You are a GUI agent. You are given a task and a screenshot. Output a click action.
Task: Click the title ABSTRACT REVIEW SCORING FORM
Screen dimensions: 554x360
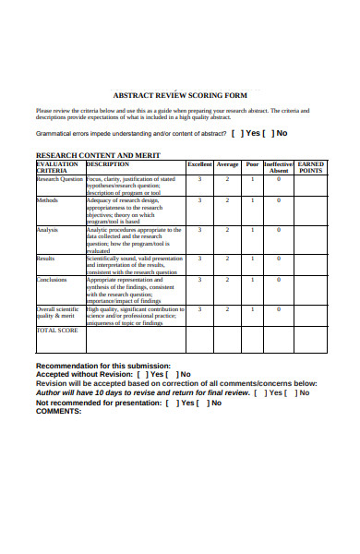(179, 94)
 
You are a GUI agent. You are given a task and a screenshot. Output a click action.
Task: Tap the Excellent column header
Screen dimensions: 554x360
(199, 164)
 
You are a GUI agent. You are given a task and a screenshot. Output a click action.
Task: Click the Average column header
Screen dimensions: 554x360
(227, 164)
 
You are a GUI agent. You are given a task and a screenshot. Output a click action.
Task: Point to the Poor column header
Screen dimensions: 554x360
(252, 164)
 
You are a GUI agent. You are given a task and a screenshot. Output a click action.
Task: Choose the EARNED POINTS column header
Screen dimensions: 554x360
(311, 167)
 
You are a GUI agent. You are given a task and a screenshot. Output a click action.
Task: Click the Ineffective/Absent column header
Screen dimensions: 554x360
(279, 167)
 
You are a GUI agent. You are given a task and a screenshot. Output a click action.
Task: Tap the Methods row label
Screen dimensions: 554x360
(47, 200)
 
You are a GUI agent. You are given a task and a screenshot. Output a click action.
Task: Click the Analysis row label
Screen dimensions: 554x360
(48, 229)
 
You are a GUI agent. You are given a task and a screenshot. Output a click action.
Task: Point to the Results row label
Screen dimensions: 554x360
(46, 259)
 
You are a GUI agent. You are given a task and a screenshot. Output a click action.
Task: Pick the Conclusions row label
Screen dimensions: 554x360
(52, 280)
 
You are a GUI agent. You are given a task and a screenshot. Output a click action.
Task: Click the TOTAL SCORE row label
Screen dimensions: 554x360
(57, 330)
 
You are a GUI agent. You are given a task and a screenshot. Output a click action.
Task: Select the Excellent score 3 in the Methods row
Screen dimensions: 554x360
(199, 200)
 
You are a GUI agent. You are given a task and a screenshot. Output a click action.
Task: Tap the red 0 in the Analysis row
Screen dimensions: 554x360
(279, 229)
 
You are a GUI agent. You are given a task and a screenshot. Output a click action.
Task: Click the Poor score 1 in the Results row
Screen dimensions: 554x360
(252, 259)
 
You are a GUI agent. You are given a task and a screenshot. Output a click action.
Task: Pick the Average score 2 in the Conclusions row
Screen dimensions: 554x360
(227, 280)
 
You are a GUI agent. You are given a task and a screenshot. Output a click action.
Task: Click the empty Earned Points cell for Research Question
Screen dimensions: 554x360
(311, 184)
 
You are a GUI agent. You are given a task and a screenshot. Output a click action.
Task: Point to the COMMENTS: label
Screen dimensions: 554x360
(59, 411)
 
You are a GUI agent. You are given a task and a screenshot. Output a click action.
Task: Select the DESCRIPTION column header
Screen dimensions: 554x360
(107, 163)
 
